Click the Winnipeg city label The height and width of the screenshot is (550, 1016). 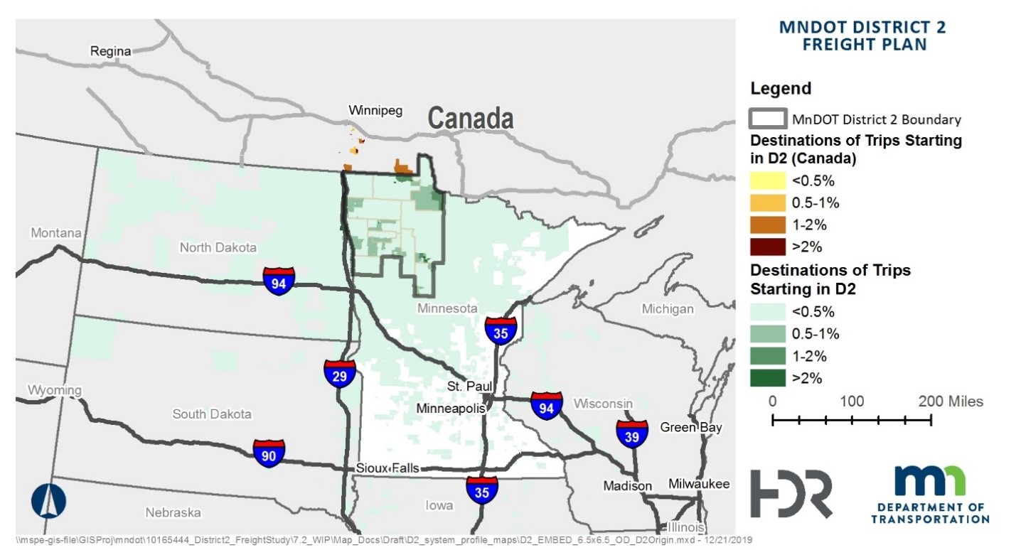tap(375, 110)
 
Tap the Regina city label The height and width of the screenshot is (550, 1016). tap(111, 51)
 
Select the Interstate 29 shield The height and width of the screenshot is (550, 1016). tap(340, 373)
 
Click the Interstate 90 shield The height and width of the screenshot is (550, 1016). tap(269, 453)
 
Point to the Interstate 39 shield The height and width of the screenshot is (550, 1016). tap(631, 434)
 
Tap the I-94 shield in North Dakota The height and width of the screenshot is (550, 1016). tap(279, 281)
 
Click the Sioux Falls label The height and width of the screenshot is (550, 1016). tap(387, 469)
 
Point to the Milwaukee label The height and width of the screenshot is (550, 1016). tap(699, 484)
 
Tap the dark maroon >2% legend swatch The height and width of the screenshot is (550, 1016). tap(768, 247)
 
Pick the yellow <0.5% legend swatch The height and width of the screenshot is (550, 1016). tap(768, 180)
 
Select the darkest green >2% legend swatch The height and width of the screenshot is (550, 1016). tap(768, 378)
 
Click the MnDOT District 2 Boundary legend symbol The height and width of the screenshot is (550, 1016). tap(768, 119)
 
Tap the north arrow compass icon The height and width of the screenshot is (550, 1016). tap(48, 500)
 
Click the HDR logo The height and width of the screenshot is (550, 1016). tap(791, 493)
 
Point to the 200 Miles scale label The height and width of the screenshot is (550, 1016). tap(950, 401)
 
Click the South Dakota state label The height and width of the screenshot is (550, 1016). tap(212, 414)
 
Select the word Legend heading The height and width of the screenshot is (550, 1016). tap(781, 89)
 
